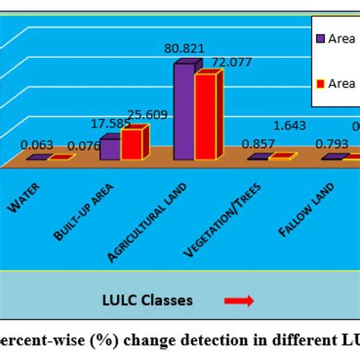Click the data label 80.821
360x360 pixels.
[x=184, y=49]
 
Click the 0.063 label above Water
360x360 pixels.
[x=36, y=145]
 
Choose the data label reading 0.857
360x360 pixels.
[x=258, y=145]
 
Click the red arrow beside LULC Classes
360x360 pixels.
[x=238, y=302]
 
